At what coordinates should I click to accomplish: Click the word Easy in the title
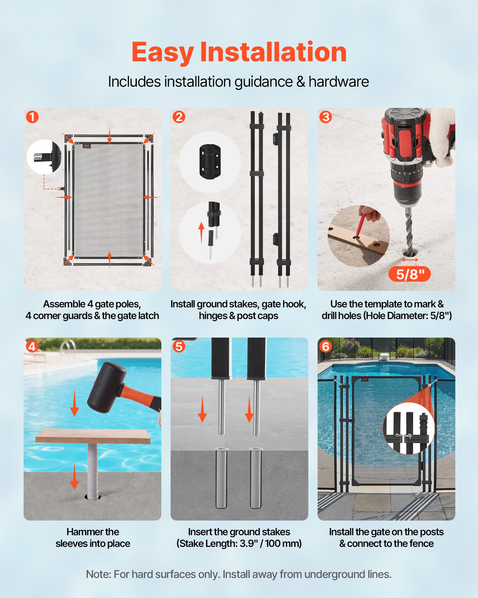pos(163,53)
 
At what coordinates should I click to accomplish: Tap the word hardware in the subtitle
pos(338,82)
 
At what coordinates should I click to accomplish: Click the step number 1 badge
pos(32,117)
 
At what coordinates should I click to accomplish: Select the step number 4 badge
pos(32,347)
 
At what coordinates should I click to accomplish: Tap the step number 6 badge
pos(326,347)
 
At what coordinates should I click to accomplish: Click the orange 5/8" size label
pos(409,274)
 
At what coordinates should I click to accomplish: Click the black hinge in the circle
pos(210,162)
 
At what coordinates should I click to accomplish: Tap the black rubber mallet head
pos(106,387)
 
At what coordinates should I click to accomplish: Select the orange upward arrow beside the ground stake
pos(201,232)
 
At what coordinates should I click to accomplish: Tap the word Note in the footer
pos(98,574)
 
